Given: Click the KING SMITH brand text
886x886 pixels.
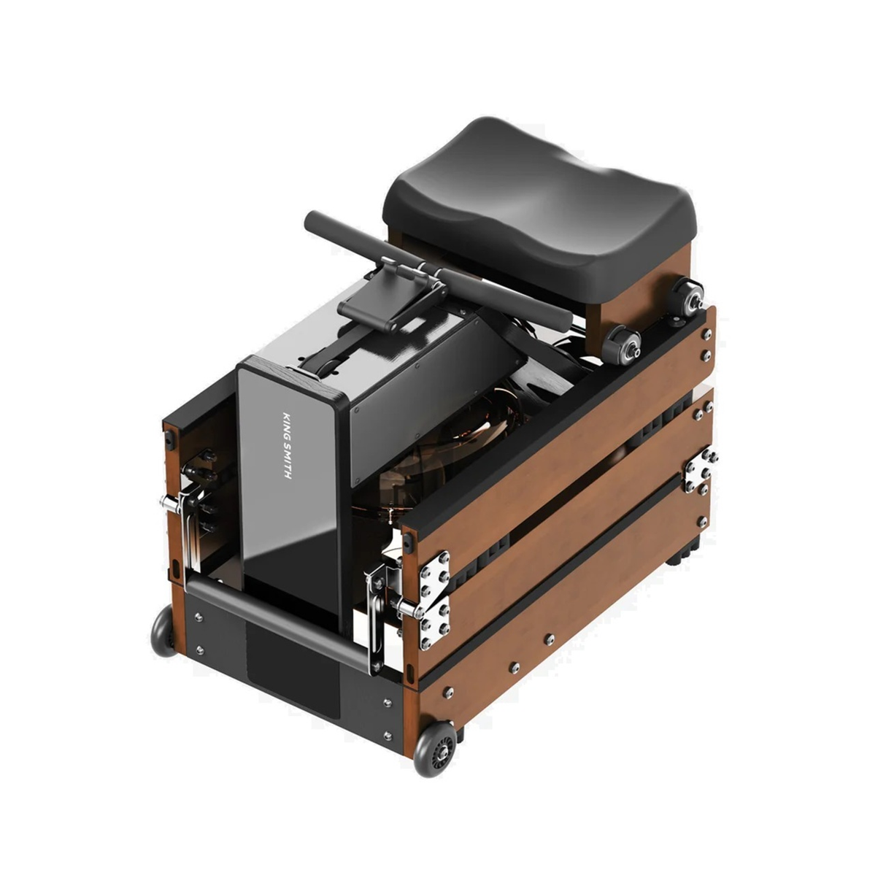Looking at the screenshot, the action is click(286, 445).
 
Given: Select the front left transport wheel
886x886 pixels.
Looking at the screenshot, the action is click(163, 629).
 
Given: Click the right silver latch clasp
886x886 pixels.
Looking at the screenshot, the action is click(389, 598).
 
